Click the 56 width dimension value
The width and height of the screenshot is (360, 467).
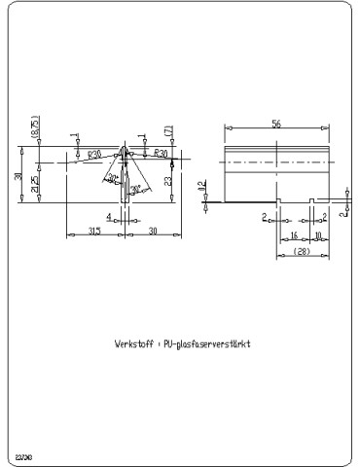[277, 125]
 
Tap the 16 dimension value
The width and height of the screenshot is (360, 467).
[294, 235]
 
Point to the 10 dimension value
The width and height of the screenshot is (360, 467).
[317, 235]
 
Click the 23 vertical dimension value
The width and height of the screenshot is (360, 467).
[168, 181]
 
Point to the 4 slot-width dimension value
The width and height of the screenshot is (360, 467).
[109, 217]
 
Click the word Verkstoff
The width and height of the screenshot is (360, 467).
[132, 344]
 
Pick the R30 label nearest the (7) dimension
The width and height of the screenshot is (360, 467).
[161, 154]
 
